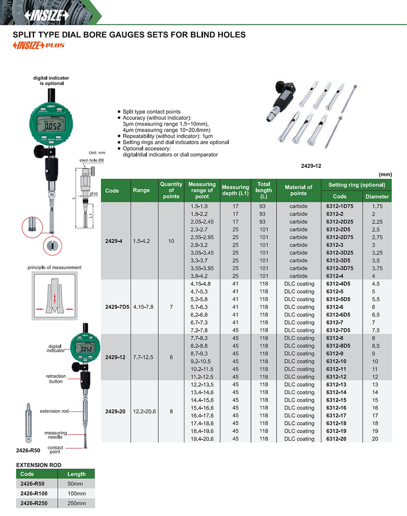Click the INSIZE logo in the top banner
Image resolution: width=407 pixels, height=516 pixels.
[x=47, y=15]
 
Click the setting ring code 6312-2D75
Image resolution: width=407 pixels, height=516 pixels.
[x=340, y=237]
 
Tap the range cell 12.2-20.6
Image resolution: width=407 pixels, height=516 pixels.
[x=144, y=412]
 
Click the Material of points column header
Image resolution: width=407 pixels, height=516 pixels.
[x=298, y=190]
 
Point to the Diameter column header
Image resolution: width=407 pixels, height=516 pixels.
[x=377, y=196]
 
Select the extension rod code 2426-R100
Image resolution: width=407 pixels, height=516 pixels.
[x=34, y=494]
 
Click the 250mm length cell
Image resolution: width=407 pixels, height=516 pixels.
[x=77, y=503]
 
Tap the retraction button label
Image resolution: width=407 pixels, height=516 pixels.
[x=56, y=379]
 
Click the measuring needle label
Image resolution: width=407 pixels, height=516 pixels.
[x=56, y=435]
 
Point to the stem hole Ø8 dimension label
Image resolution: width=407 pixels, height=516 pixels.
[x=91, y=160]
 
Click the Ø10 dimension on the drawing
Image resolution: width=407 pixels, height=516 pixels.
[x=94, y=194]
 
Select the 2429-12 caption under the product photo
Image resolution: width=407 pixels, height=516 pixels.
[x=311, y=166]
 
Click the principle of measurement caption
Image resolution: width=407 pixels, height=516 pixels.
[x=54, y=268]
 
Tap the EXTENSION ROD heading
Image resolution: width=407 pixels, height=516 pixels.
[x=39, y=465]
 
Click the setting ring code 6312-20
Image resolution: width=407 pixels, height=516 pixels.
[x=336, y=439]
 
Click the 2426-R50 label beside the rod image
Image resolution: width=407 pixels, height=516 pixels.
[x=28, y=450]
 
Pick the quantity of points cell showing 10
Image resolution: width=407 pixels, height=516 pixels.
[x=171, y=241]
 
